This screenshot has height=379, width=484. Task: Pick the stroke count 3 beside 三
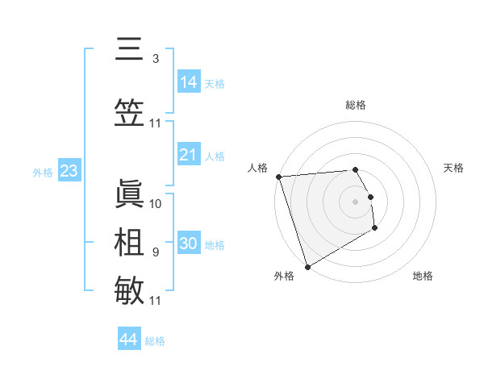[x=156, y=58]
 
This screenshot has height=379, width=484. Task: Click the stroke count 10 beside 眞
[x=156, y=203]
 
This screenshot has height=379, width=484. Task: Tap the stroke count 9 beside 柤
[x=156, y=252]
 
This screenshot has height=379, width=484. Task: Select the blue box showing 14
[x=188, y=81]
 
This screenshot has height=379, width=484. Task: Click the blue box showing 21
[x=188, y=155]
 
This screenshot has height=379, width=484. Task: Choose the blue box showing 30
[x=188, y=244]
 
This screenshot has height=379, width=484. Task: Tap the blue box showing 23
[x=69, y=171]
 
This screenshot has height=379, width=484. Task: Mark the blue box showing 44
[x=129, y=339]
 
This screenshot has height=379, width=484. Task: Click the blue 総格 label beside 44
[x=155, y=341]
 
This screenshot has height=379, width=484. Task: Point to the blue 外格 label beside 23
[x=43, y=172]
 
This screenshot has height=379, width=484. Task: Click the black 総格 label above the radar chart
[x=356, y=105]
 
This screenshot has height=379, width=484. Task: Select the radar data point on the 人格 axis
[x=278, y=177]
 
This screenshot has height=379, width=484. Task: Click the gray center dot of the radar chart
[x=355, y=201]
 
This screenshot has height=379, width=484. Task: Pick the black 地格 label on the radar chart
[x=423, y=276]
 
